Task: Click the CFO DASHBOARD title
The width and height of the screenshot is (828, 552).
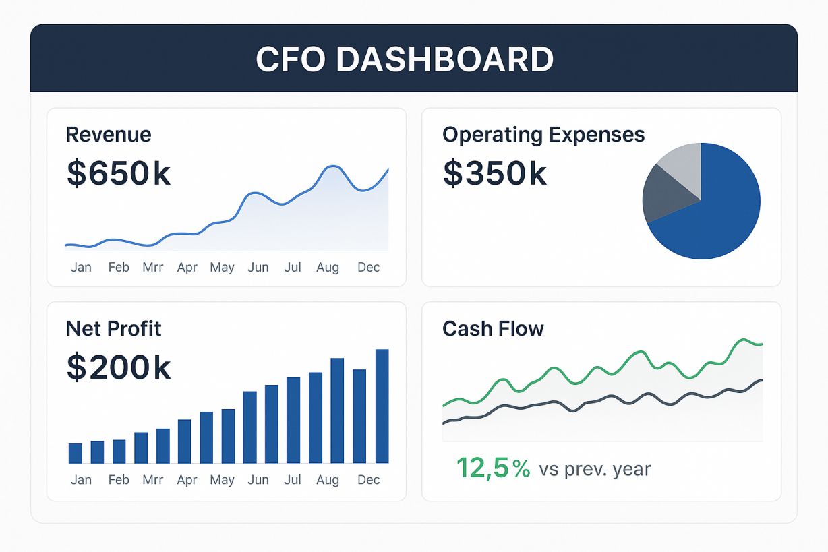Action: [x=405, y=59]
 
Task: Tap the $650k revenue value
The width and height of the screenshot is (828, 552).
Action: [x=119, y=173]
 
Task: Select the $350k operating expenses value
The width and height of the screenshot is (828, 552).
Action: [x=494, y=173]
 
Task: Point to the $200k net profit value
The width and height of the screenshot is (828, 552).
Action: [x=119, y=367]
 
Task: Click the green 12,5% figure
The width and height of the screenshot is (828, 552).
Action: [x=493, y=468]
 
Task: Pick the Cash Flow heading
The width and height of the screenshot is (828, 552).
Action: [x=493, y=329]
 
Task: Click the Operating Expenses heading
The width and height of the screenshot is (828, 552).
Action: [x=543, y=135]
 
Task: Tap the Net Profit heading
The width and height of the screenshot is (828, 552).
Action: [x=113, y=329]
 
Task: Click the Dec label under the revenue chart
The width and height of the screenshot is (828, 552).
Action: [x=369, y=268]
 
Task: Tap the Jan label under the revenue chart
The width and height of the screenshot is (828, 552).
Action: [x=81, y=268]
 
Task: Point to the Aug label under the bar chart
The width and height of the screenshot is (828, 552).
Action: [x=328, y=480]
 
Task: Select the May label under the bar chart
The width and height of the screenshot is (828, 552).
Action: [x=222, y=480]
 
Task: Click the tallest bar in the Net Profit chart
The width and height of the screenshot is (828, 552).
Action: [x=382, y=406]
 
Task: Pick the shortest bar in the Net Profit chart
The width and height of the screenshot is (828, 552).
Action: [x=76, y=453]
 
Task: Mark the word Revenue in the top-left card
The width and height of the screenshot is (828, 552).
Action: [x=109, y=135]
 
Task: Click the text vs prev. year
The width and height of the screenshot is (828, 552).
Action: [x=595, y=469]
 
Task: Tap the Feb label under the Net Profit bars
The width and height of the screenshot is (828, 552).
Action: [x=119, y=480]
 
